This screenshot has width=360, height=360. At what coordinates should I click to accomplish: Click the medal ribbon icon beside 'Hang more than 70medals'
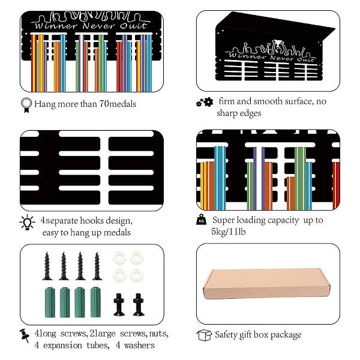coord(26,105)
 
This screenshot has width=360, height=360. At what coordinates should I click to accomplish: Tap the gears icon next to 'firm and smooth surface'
coord(205,102)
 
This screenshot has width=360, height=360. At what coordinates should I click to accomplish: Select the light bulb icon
coord(28,222)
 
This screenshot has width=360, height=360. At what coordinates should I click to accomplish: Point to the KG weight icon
coord(202,219)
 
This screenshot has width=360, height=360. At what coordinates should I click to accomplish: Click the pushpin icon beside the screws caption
coord(25,335)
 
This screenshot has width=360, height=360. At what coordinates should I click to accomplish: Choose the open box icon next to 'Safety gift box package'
coord(204,335)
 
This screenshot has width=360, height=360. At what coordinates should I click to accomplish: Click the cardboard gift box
coord(266,283)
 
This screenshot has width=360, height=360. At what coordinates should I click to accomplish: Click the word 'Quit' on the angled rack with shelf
coord(305,59)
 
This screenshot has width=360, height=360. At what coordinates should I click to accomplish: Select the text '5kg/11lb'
coord(229,232)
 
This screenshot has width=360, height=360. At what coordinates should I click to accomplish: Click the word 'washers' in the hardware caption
coord(139,346)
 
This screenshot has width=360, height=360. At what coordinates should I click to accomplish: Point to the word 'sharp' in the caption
coord(227,113)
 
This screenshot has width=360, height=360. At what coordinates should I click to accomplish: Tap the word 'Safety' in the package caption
coord(226,335)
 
